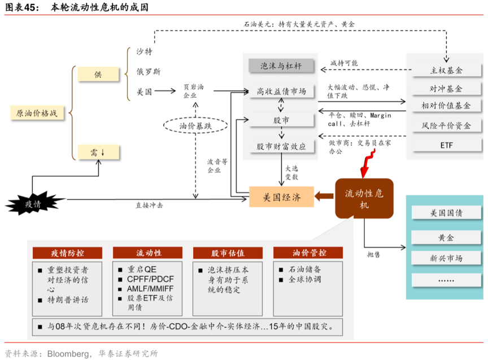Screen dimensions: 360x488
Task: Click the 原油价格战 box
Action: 37,113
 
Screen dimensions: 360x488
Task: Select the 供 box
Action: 98,74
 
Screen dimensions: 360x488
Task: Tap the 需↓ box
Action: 98,151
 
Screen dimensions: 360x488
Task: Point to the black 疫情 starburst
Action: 33,204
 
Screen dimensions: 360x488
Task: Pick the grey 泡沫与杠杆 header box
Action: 281,66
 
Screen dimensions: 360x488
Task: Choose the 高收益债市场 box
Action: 281,92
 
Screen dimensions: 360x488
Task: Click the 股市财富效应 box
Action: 281,146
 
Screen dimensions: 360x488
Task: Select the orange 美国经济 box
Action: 281,197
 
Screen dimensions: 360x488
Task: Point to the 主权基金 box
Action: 446,71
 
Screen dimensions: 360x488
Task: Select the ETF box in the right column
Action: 446,145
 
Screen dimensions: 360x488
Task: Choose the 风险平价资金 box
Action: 446,125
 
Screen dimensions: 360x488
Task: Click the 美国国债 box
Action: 446,213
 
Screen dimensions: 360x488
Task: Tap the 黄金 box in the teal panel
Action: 446,237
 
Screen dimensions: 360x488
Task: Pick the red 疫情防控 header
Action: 67,252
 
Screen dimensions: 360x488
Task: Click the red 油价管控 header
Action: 308,252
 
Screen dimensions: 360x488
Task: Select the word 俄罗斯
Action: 149,72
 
